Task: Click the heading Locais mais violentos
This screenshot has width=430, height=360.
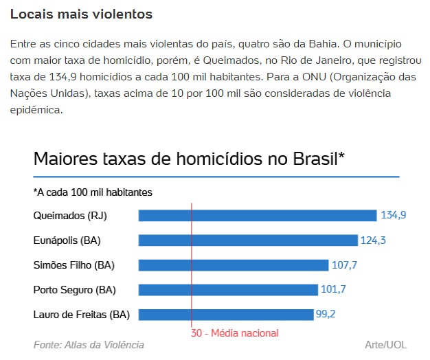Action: [82, 14]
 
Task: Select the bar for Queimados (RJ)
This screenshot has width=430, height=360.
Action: [258, 216]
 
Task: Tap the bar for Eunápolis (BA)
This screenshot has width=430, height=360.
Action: [248, 240]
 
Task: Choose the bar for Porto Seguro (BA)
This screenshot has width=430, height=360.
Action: [228, 290]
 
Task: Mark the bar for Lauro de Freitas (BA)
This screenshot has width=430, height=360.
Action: [226, 315]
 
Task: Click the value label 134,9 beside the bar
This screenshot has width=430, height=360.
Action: [394, 216]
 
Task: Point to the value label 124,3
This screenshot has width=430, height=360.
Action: [374, 240]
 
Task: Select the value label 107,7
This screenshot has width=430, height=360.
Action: [345, 265]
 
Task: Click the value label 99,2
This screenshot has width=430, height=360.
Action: [327, 315]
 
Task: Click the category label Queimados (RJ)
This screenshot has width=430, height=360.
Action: [70, 216]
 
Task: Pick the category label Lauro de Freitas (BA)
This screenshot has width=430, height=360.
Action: [81, 315]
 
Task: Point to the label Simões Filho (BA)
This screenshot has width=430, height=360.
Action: [73, 265]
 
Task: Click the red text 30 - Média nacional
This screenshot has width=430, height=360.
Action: [235, 333]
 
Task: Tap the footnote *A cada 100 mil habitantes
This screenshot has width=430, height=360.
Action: [93, 192]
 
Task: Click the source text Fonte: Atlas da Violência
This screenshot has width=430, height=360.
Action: [89, 345]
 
